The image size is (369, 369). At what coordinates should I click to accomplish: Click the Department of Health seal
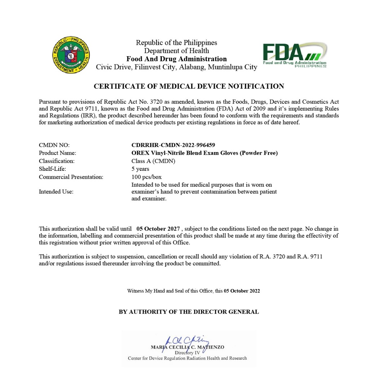pyautogui.click(x=71, y=55)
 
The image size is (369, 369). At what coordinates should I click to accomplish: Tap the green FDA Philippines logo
pyautogui.click(x=294, y=55)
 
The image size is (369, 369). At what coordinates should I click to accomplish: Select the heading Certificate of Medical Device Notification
pyautogui.click(x=189, y=86)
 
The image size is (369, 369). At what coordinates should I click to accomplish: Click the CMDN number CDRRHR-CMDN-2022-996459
pyautogui.click(x=173, y=145)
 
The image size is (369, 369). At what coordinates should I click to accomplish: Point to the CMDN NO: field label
pyautogui.click(x=54, y=145)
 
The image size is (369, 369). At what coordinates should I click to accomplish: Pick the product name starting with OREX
pyautogui.click(x=204, y=153)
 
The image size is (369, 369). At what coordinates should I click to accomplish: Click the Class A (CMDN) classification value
pyautogui.click(x=153, y=161)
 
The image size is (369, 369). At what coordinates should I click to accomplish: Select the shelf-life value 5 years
pyautogui.click(x=140, y=169)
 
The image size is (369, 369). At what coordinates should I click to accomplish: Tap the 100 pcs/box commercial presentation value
pyautogui.click(x=146, y=177)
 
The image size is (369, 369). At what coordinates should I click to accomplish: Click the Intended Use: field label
pyautogui.click(x=56, y=192)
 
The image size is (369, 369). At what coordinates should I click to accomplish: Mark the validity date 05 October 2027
pyautogui.click(x=158, y=229)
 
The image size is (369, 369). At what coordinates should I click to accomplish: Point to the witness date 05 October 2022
pyautogui.click(x=242, y=291)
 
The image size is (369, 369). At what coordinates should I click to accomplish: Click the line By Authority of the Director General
pyautogui.click(x=189, y=312)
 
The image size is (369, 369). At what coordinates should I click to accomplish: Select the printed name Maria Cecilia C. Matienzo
pyautogui.click(x=187, y=347)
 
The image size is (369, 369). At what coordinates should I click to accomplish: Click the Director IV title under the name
pyautogui.click(x=187, y=353)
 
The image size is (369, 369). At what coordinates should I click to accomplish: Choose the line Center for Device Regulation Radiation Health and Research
pyautogui.click(x=187, y=358)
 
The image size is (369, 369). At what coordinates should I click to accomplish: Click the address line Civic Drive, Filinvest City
pyautogui.click(x=177, y=67)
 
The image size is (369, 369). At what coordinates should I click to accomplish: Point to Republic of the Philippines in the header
pyautogui.click(x=177, y=43)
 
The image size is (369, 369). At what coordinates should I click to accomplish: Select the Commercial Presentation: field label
pyautogui.click(x=71, y=177)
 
